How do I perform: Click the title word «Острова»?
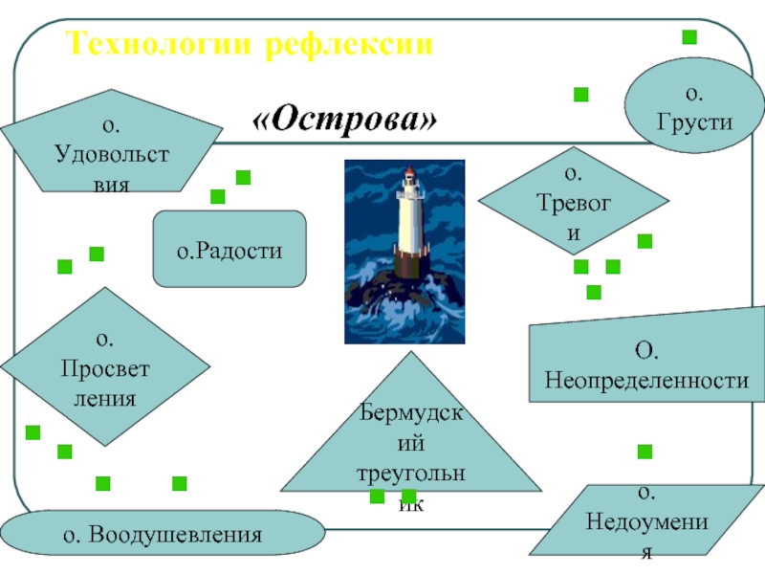(345, 121)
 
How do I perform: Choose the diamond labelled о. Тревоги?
(573, 202)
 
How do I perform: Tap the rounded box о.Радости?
(229, 250)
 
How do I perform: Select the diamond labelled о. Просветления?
(105, 367)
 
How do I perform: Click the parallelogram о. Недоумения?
(646, 521)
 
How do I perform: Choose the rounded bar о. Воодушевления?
(163, 534)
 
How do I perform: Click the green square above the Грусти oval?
(688, 37)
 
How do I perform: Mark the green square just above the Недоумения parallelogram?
(645, 452)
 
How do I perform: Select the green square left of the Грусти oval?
(580, 94)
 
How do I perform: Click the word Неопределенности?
(646, 381)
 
